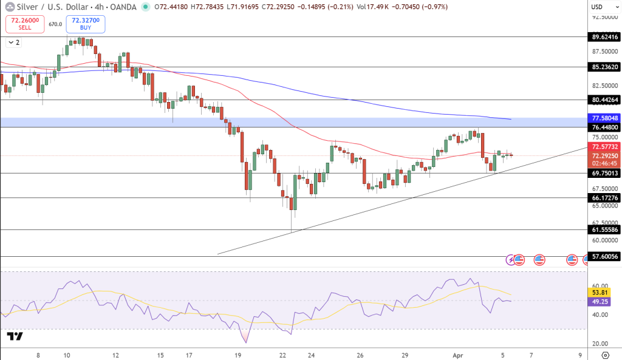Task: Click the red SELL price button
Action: click(25, 24)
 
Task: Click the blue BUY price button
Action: click(86, 24)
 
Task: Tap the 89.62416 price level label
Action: click(605, 36)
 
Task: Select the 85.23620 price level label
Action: click(605, 67)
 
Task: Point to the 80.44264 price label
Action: click(605, 100)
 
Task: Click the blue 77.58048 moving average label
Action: click(605, 118)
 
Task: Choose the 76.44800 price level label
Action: click(605, 127)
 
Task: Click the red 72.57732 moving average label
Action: click(605, 147)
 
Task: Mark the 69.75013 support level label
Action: click(605, 173)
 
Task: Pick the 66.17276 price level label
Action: click(605, 198)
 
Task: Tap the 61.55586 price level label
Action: click(605, 229)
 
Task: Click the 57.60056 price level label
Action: click(605, 257)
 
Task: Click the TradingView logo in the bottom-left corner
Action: click(15, 336)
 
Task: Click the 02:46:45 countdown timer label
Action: click(605, 163)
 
